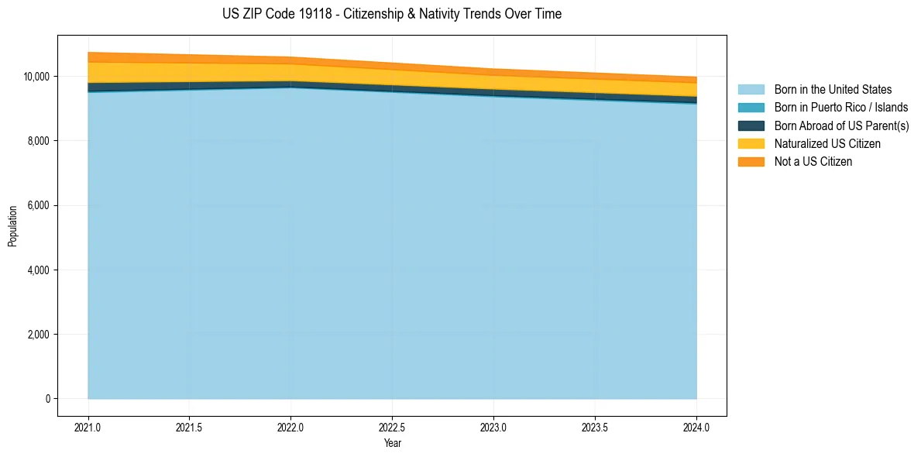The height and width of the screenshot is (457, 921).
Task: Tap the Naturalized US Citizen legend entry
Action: tap(827, 144)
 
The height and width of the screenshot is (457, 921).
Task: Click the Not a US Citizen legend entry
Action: tap(813, 162)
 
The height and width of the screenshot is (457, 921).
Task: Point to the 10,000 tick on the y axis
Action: tap(37, 77)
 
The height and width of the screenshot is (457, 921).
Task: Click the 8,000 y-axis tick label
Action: tap(40, 141)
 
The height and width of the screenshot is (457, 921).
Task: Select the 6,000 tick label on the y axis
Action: tap(40, 206)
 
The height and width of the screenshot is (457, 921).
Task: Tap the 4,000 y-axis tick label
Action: tap(40, 270)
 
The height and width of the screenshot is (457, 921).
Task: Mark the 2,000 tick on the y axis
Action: tap(40, 335)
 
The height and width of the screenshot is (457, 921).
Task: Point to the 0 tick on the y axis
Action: tap(48, 399)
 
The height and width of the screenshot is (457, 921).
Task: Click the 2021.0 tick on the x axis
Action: tap(88, 427)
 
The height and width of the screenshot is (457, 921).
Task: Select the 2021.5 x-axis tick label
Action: tap(190, 427)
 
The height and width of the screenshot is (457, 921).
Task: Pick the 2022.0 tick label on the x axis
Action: tap(290, 427)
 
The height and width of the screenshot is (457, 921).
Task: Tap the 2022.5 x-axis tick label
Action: tap(393, 427)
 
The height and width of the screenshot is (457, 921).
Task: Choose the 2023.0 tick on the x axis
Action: tap(493, 427)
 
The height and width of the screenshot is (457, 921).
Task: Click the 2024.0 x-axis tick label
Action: tap(696, 427)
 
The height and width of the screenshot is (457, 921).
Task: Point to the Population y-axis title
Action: tap(12, 226)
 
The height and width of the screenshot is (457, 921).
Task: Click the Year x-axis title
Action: tap(393, 444)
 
